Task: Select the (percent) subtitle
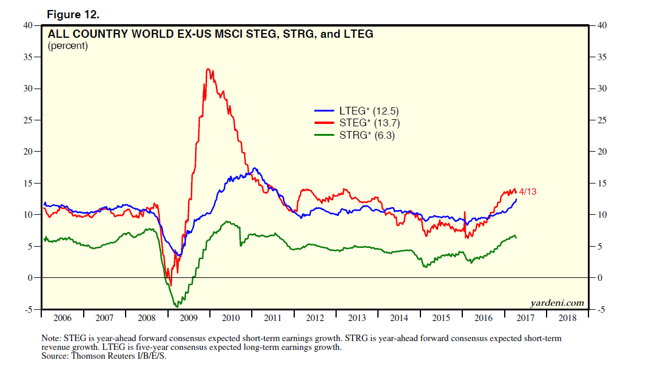67,45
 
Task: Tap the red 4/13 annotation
528,192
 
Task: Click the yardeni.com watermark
557,303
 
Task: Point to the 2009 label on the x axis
188,318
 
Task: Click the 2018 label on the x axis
567,318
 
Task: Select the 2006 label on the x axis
62,318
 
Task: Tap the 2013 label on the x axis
357,318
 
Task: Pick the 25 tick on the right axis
600,120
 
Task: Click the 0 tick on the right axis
598,277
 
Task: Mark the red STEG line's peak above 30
208,69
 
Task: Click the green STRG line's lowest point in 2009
176,307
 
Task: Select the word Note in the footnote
51,339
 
